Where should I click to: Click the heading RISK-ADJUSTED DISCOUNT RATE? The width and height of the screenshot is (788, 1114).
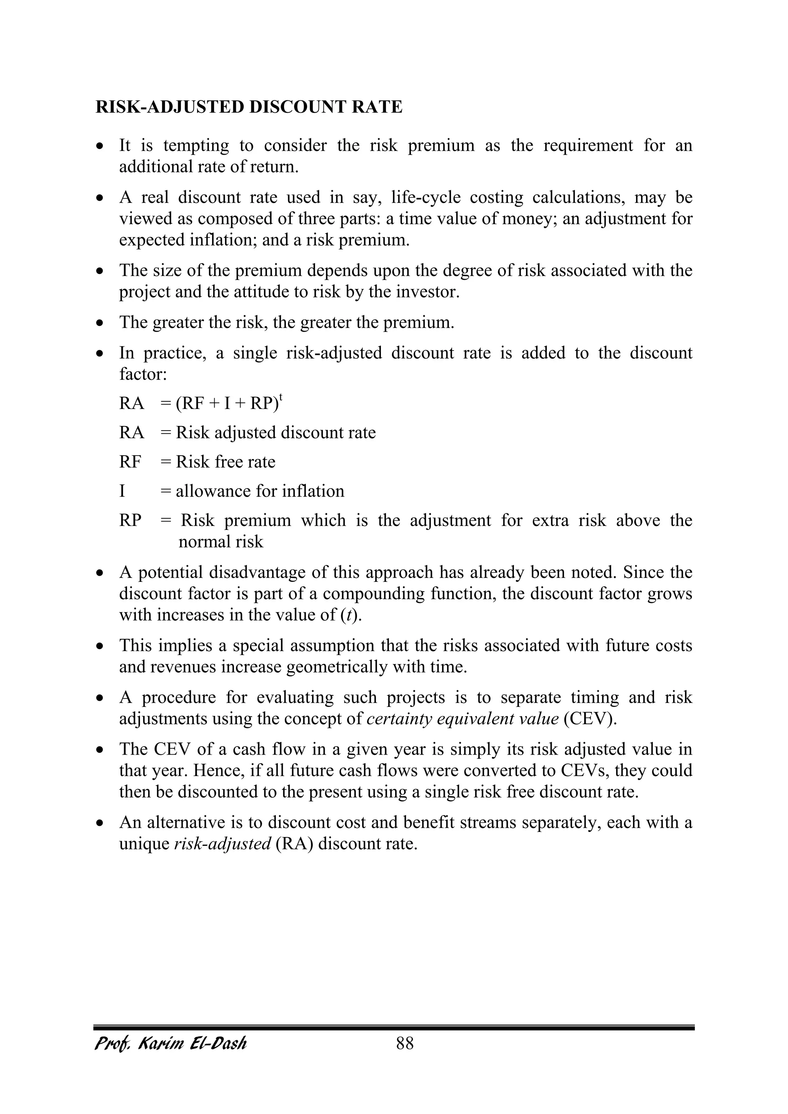click(x=249, y=107)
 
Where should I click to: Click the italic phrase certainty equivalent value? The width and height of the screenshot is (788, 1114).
click(x=462, y=718)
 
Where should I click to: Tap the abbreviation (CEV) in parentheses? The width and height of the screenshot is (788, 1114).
click(x=590, y=718)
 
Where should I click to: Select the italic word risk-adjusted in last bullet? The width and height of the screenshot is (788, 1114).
click(x=222, y=844)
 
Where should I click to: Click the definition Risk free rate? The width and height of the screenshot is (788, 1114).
click(x=225, y=462)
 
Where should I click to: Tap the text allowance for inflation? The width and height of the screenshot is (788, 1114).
click(x=260, y=491)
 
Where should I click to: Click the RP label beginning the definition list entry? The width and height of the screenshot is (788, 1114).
click(x=130, y=520)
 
